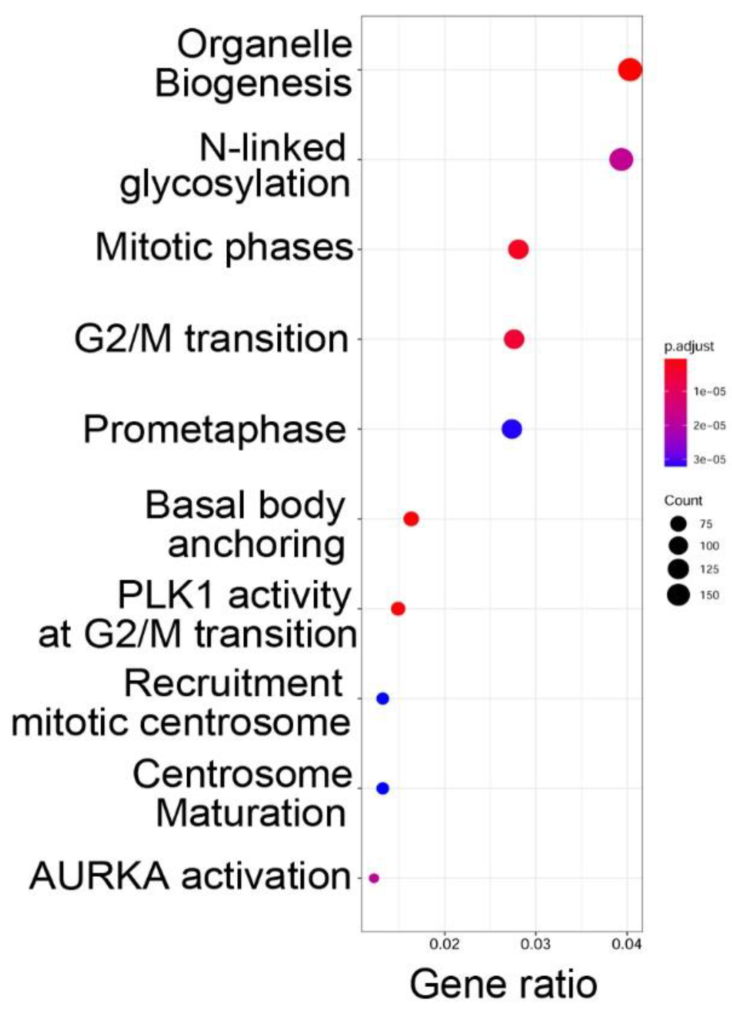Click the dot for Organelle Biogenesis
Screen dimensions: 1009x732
point(630,70)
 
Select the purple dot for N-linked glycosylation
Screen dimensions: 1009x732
point(621,160)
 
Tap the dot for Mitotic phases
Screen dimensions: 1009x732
point(519,250)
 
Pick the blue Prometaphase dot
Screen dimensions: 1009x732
point(512,429)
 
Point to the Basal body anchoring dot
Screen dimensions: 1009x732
point(411,519)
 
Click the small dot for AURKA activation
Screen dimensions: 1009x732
point(374,878)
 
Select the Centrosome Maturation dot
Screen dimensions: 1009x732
point(383,788)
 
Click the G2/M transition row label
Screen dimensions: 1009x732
point(211,339)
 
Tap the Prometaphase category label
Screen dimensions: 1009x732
point(214,430)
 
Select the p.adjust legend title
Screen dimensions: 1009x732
point(689,346)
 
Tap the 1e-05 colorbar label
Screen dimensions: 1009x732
point(709,392)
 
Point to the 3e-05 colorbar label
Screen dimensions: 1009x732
point(709,459)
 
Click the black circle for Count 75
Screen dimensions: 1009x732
point(679,524)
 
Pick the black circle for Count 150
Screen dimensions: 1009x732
point(679,595)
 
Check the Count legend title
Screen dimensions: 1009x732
point(683,500)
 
